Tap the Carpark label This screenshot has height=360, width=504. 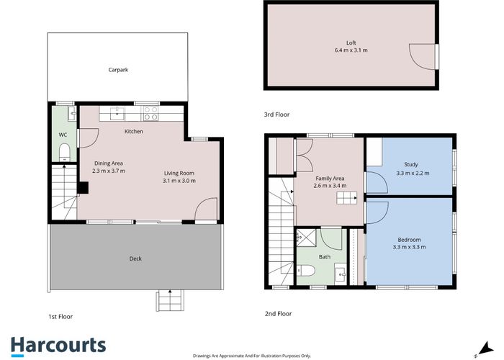coord(118,70)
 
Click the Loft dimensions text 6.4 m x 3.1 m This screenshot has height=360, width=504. coord(351,50)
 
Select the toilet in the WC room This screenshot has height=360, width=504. coord(63,150)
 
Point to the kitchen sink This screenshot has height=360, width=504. coord(117,113)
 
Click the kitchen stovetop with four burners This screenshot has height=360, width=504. coord(150,113)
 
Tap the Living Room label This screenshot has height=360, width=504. coord(179,173)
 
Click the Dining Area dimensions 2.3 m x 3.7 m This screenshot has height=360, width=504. coord(109,171)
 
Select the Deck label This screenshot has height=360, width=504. coord(135,258)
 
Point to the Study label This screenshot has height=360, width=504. coord(411,164)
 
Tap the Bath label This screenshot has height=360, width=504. coord(325,257)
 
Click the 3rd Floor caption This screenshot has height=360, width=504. coord(278,114)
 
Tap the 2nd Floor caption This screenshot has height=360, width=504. coord(278,314)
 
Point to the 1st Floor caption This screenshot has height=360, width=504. coord(60,316)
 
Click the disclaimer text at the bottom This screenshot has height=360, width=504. coord(251,356)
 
